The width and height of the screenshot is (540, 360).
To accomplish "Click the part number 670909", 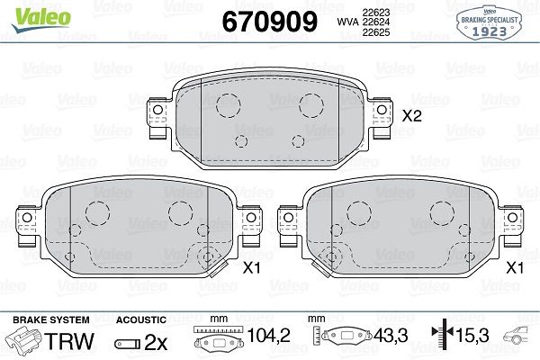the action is tap(270, 22).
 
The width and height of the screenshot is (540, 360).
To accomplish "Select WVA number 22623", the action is tap(375, 13).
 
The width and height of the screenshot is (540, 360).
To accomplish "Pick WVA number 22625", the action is tap(375, 32).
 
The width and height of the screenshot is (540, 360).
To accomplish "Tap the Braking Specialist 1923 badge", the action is tap(489, 22).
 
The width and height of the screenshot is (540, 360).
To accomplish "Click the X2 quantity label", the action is tap(412, 116).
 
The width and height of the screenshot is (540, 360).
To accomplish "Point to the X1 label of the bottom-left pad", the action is tap(252, 267).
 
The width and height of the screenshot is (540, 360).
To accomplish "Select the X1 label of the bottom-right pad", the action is tap(515, 267).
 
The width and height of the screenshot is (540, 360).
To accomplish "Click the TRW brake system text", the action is tap(69, 341).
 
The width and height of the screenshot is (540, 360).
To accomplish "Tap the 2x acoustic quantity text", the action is tap(156, 342).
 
